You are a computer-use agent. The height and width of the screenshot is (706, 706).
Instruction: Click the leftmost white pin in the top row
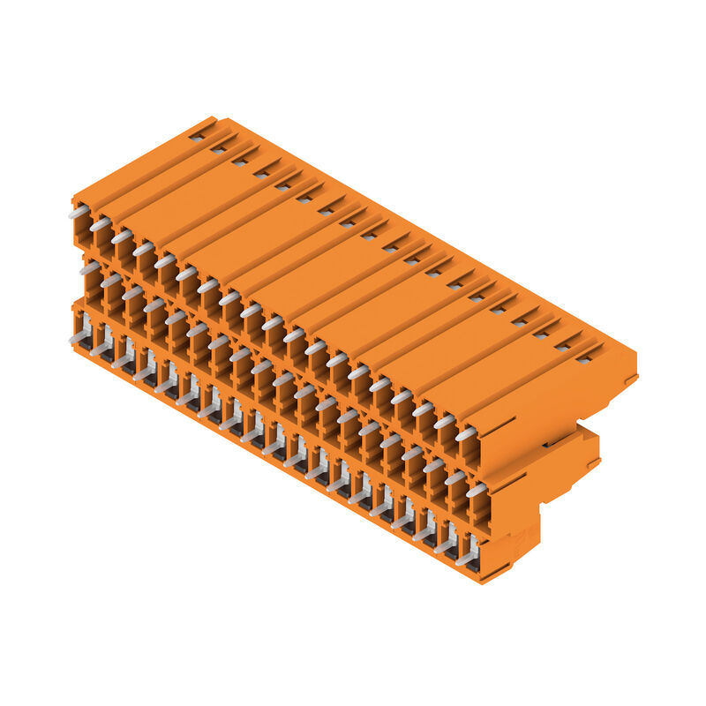click(x=78, y=213)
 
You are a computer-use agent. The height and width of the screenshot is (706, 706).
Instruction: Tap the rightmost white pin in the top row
click(x=465, y=433)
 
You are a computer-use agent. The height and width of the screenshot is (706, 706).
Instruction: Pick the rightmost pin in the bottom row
click(x=467, y=558)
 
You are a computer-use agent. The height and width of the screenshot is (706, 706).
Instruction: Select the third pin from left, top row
click(x=121, y=237)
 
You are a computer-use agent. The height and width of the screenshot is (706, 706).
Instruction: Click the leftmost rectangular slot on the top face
click(x=196, y=136)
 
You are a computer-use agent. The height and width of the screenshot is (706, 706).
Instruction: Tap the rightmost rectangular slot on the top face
click(x=584, y=358)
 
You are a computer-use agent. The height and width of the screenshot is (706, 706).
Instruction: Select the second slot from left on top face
click(x=218, y=149)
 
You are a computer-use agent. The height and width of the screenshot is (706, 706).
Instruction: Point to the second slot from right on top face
click(x=562, y=346)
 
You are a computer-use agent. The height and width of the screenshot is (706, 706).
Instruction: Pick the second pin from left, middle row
click(x=110, y=281)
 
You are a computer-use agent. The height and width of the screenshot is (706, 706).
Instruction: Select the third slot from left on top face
click(x=239, y=161)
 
